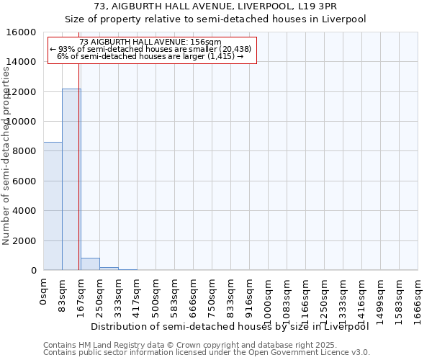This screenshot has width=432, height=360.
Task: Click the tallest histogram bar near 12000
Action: [71, 180]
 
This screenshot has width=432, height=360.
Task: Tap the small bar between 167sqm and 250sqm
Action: [90, 264]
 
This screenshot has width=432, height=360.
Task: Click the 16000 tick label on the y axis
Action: [22, 32]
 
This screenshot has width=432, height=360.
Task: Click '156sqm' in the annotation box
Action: [196, 42]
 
